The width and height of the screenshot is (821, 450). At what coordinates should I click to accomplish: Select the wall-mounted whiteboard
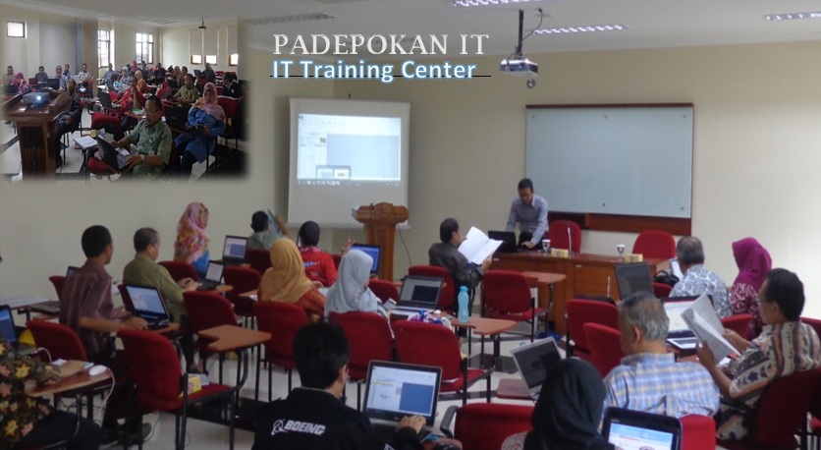point(609,161)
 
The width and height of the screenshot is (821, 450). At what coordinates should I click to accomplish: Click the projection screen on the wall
point(349,161)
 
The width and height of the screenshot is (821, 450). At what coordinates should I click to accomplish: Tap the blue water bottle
point(463,305)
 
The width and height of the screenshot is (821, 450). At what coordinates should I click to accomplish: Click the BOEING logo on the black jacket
point(298,427)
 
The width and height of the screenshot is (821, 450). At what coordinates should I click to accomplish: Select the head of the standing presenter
point(525,189)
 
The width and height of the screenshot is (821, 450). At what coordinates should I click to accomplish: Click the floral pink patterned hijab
point(192,232)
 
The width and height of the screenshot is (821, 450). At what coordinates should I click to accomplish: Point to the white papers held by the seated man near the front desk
point(477,245)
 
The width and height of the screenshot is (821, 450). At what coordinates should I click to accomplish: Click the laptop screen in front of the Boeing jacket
point(401,391)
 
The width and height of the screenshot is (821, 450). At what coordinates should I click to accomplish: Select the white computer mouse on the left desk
point(97,369)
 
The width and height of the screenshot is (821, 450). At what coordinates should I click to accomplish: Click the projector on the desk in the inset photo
point(36,97)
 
